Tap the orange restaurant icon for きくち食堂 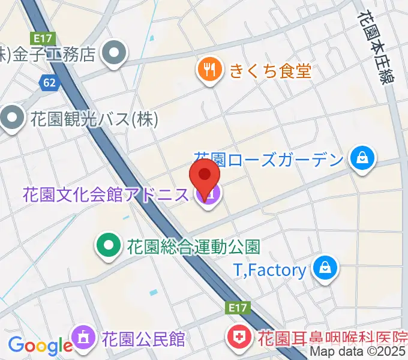[209, 71]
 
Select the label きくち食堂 [271, 71]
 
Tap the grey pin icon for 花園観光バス [12, 119]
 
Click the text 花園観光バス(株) [94, 119]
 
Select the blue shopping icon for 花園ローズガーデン [362, 160]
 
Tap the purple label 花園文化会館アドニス [107, 195]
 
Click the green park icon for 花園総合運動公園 [108, 246]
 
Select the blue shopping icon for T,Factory [325, 268]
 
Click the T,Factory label [269, 270]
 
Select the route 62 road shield [50, 82]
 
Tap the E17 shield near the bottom [239, 308]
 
